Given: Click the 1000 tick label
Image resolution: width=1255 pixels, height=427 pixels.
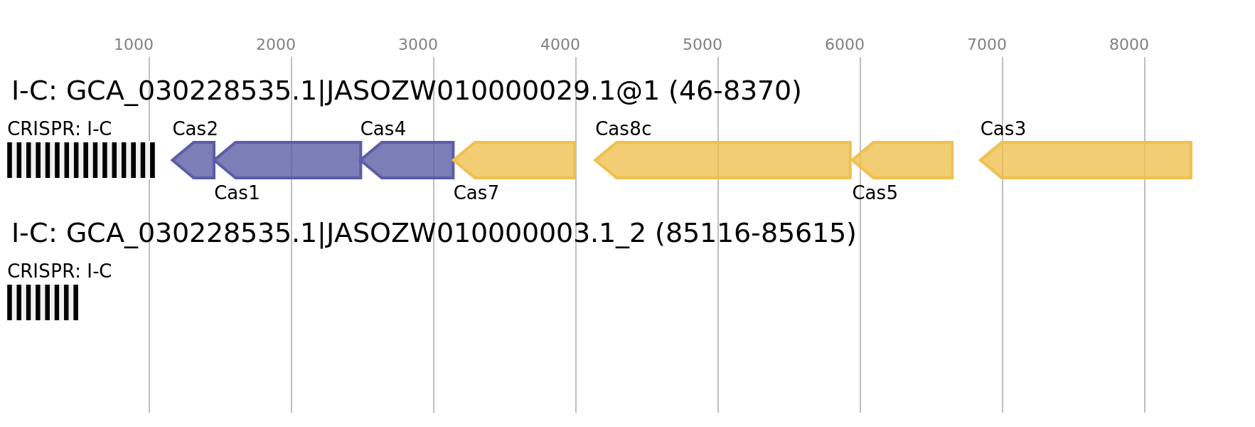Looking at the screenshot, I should (x=134, y=45).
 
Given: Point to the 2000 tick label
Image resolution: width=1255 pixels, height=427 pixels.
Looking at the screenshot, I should (x=276, y=45).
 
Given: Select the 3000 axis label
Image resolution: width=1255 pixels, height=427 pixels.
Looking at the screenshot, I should (x=418, y=45).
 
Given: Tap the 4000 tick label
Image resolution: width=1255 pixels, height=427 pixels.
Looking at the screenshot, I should (x=560, y=45).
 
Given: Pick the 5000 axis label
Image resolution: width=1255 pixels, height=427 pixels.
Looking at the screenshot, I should (x=703, y=45).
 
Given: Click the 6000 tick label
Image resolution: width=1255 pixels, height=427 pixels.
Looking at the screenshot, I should (x=845, y=45).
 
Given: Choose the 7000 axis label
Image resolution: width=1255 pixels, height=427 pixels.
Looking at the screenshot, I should (x=987, y=45).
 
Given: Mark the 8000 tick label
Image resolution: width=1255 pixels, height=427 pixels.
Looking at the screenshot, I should (x=1129, y=45).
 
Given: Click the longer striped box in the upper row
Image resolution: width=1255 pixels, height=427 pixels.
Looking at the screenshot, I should (x=81, y=160).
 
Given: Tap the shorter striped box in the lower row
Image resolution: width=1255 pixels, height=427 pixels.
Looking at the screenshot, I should (x=43, y=302).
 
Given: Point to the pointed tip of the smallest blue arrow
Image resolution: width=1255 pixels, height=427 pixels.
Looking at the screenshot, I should (x=171, y=160).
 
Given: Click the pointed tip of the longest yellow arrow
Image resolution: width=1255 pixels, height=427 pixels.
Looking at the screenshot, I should (x=594, y=160).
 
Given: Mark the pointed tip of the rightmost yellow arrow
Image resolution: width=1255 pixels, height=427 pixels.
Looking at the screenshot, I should (x=979, y=160).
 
